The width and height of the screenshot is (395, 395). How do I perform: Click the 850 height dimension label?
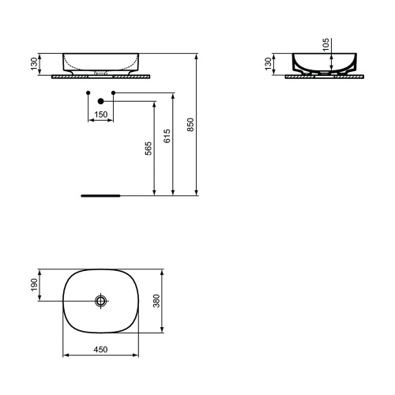coord(190,124)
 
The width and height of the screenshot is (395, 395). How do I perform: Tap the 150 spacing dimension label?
coord(100,115)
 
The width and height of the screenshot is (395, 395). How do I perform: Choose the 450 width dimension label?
coord(101,349)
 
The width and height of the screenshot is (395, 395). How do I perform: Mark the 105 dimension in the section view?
coord(325,45)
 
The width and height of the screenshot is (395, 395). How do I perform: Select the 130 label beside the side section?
coord(269,64)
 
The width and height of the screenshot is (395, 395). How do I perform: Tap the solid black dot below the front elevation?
coord(100,101)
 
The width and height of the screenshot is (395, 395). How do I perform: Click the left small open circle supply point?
coord(86,94)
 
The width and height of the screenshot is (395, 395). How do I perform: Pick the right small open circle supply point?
coord(115,94)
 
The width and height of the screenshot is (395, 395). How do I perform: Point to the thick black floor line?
coord(100,194)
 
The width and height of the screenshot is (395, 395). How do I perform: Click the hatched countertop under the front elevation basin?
coord(101,77)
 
